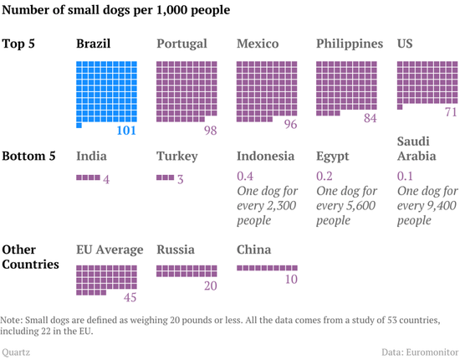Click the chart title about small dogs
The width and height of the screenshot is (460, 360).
click(117, 11)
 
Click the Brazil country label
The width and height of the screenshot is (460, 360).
click(94, 44)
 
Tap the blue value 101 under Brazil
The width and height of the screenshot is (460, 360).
click(125, 131)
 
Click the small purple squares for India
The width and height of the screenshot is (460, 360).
click(87, 177)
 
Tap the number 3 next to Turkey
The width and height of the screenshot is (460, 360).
click(180, 179)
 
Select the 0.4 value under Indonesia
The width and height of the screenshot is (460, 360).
click(247, 176)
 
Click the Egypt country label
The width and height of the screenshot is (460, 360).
click(332, 156)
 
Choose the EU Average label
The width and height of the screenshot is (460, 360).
click(110, 249)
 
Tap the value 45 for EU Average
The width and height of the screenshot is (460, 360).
click(130, 297)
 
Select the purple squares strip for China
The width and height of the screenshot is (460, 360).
click(267, 268)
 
